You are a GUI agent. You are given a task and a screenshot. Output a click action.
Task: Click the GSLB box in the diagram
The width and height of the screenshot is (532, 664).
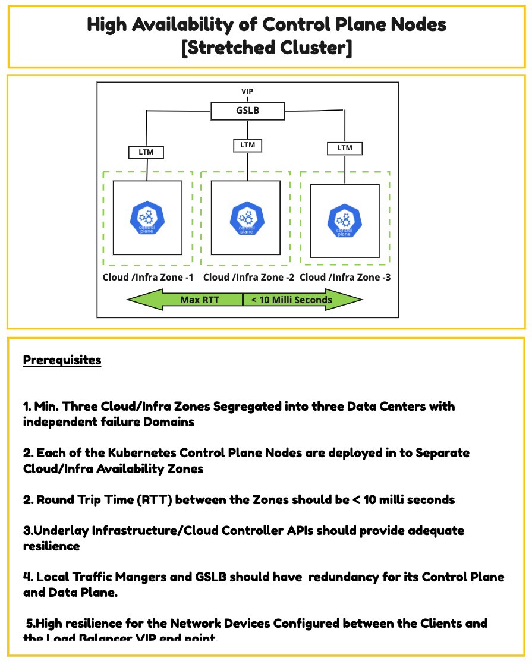[247, 111]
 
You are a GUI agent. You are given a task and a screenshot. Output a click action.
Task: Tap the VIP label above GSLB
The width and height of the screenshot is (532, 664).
[247, 91]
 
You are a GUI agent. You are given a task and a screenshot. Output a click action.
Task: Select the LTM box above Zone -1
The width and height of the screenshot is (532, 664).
[146, 152]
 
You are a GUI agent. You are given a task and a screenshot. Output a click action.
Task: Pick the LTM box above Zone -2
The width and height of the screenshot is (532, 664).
[247, 144]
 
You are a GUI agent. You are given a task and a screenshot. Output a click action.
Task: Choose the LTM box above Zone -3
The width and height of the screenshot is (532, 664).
[345, 147]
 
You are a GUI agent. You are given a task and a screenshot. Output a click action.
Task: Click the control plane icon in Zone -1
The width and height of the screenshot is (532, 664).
[147, 218]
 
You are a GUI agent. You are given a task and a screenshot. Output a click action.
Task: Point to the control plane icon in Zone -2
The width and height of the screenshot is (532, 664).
[246, 218]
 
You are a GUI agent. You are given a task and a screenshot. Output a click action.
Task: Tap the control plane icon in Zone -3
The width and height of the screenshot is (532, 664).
[344, 221]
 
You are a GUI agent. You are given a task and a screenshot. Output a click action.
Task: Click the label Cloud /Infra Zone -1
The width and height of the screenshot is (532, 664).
[148, 277]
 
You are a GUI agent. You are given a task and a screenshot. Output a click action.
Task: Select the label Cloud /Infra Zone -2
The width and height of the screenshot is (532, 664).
[249, 277]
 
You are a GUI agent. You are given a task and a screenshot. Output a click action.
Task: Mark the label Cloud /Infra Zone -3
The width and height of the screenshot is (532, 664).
[345, 277]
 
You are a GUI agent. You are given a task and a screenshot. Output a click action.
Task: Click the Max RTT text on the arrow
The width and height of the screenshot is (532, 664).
[199, 300]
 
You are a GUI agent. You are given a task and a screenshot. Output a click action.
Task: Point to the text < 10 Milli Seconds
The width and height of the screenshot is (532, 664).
[291, 300]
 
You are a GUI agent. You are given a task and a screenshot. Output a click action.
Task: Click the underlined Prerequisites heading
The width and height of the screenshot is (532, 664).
[62, 360]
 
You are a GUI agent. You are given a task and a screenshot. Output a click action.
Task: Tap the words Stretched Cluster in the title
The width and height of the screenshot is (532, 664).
[267, 48]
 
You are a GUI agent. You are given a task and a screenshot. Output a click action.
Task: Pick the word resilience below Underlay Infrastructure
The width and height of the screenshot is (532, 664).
[52, 546]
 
